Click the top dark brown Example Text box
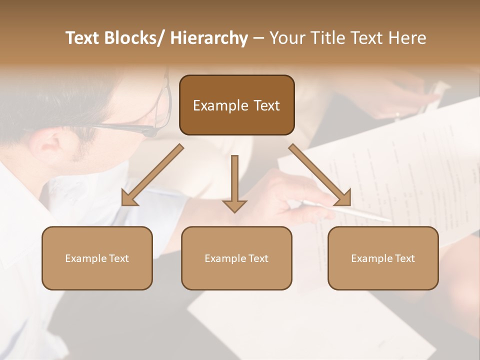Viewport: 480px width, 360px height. click(236, 105)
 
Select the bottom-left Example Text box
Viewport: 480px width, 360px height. click(97, 258)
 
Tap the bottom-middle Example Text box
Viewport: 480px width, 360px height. click(236, 258)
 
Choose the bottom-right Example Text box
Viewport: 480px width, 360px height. click(383, 258)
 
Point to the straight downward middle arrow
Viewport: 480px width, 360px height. click(234, 183)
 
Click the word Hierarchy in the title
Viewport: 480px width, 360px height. click(209, 38)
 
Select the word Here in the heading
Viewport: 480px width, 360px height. click(408, 38)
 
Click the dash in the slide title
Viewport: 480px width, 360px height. click(258, 38)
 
